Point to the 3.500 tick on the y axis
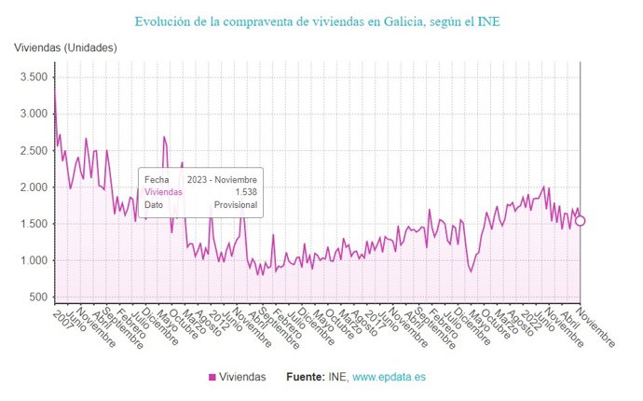pos(32,77)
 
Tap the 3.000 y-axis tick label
pos(32,114)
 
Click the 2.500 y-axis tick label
pos(32,150)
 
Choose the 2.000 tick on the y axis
pos(32,187)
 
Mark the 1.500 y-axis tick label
pos(32,224)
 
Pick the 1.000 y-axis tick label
pos(32,260)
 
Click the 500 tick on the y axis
pos(37,297)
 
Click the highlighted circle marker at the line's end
pos(580,221)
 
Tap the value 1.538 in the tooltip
pos(246,191)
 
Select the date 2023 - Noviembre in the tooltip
pos(221,178)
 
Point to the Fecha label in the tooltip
pos(157,178)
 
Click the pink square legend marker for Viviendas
pos(212,377)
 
